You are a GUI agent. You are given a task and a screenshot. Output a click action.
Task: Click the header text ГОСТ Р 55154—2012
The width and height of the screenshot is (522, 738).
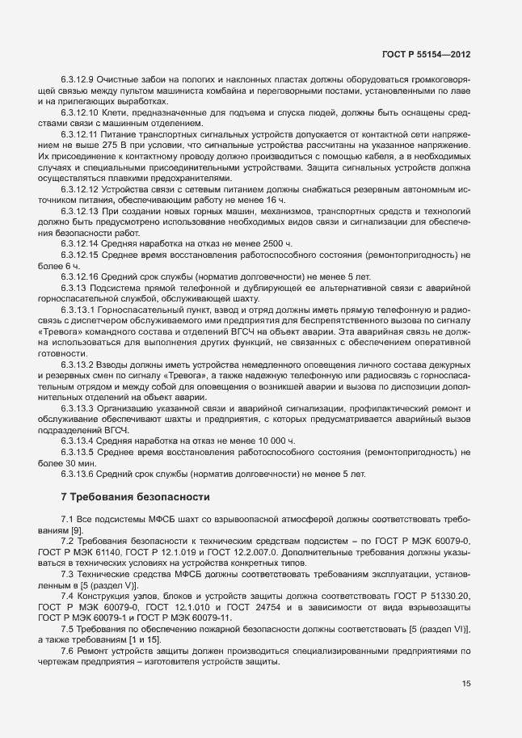425,54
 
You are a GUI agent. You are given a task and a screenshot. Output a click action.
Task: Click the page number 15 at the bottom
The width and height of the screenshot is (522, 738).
466,684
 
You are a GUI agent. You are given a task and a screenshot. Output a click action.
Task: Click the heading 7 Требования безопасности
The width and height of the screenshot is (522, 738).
135,496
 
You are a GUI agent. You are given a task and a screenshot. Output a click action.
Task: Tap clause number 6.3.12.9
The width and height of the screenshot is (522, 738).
78,78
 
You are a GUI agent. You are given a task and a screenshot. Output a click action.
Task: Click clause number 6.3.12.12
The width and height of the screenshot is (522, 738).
80,188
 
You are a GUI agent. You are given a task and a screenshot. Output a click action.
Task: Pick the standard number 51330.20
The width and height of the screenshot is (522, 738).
447,595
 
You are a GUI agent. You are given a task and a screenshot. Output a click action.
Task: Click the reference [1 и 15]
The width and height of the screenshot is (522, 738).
140,640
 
